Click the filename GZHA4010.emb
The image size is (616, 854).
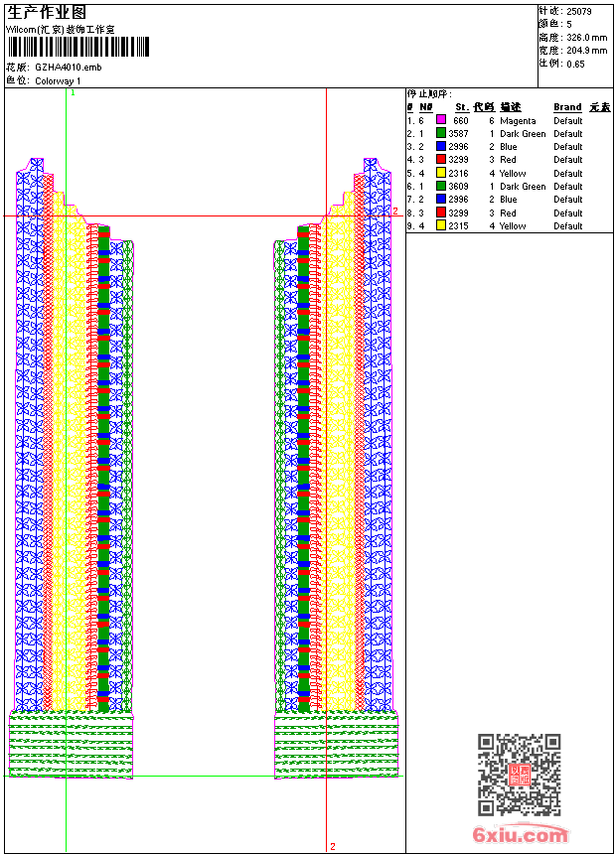[68, 67]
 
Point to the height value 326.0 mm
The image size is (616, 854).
[586, 37]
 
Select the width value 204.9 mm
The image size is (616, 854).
[586, 50]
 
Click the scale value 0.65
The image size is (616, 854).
[575, 64]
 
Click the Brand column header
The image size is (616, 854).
[567, 107]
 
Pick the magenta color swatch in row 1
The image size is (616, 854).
[441, 120]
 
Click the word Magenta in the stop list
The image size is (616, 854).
[518, 120]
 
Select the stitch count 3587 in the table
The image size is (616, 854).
[458, 133]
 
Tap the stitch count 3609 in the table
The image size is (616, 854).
[458, 186]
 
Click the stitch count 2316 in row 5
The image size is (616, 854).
[458, 173]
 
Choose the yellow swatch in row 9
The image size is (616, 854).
[441, 225]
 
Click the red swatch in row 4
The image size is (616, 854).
[441, 160]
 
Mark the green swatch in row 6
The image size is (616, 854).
[441, 186]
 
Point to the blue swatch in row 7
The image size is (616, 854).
[441, 200]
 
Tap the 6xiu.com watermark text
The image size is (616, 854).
[521, 835]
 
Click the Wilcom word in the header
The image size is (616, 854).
[21, 30]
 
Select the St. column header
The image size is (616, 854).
[461, 107]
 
